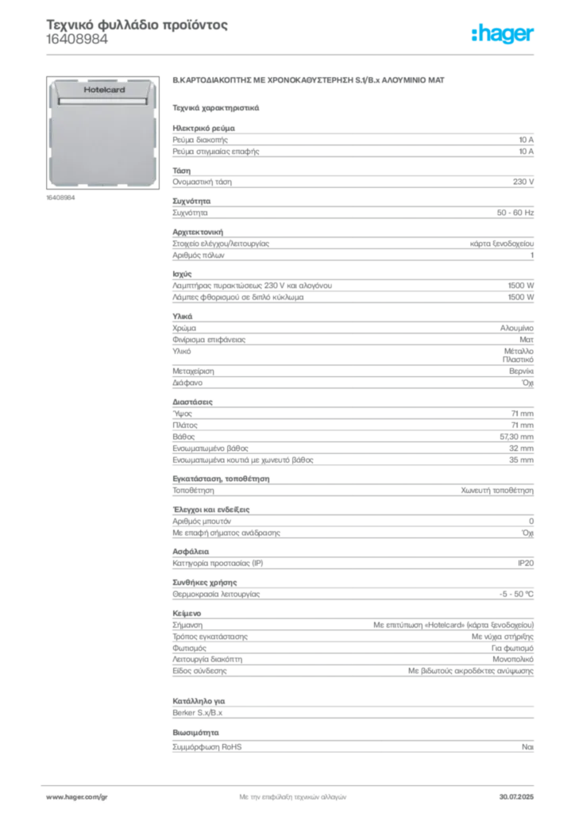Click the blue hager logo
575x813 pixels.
(x=504, y=35)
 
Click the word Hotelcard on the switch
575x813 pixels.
(x=104, y=91)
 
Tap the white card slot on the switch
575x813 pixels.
(x=104, y=102)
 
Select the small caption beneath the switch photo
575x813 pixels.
(x=60, y=198)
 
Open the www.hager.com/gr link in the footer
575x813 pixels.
(x=87, y=795)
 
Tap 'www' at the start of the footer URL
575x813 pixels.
(x=54, y=795)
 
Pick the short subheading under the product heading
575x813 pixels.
(x=215, y=106)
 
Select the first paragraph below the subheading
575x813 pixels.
(x=353, y=141)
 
